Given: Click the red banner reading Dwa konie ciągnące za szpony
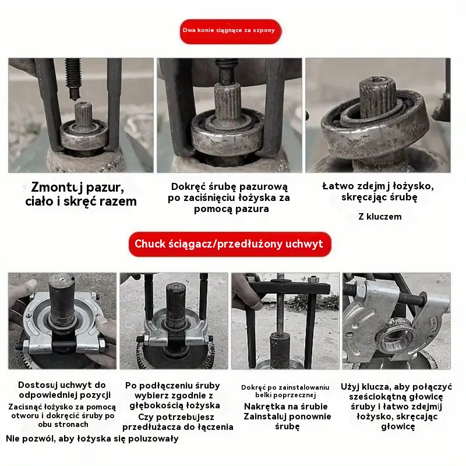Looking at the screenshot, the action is [230, 31].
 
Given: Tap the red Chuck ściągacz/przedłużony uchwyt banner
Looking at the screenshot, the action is [230, 244].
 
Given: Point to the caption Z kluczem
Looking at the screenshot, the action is [380, 216].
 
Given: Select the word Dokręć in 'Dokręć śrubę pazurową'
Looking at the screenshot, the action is [188, 186].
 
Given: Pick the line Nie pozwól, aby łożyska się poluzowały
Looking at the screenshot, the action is [92, 439].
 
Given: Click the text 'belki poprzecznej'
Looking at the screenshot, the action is [285, 396].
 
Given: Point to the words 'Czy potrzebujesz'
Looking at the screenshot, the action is [176, 417].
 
